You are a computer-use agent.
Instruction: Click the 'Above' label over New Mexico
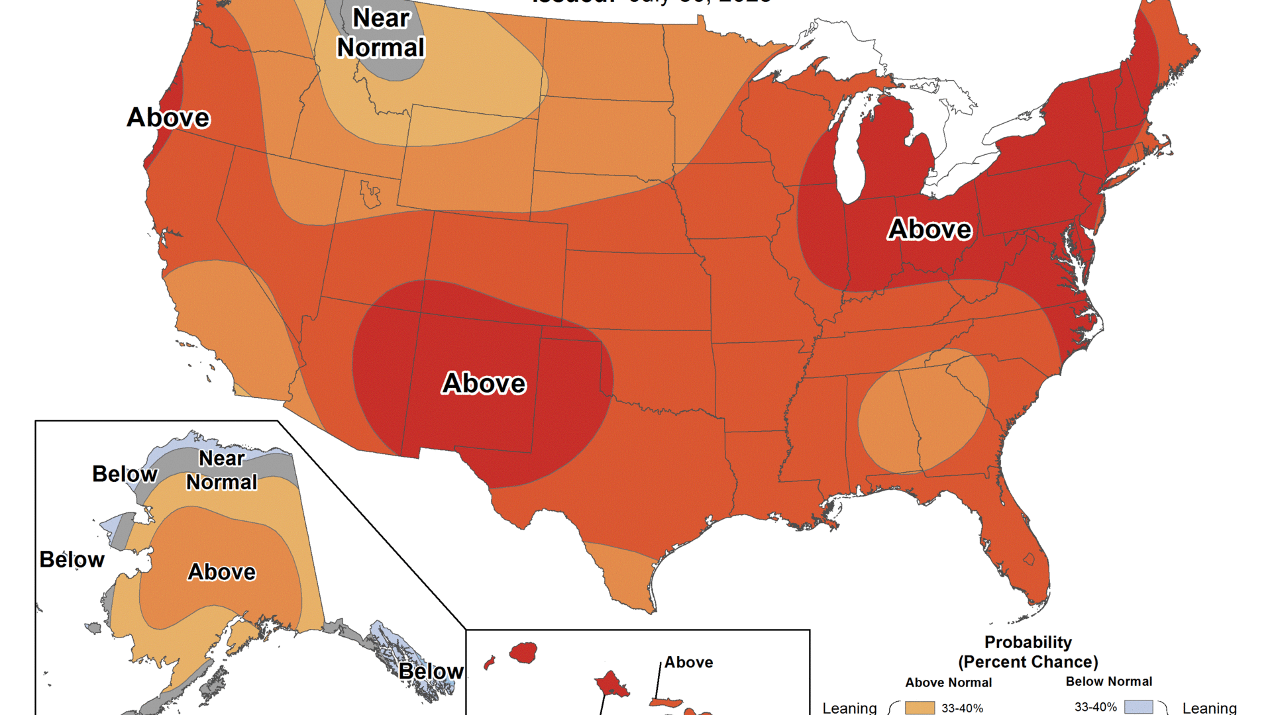tap(484, 383)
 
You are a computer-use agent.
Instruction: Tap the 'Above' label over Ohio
tap(929, 229)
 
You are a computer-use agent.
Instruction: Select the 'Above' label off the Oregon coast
tap(168, 118)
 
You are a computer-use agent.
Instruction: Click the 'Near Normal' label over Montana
tap(381, 33)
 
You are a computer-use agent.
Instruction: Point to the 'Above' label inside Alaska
tap(222, 572)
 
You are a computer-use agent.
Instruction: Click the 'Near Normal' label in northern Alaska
tap(222, 470)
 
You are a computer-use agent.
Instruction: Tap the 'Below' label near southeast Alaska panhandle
tap(431, 671)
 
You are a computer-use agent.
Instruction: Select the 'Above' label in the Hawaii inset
tap(689, 662)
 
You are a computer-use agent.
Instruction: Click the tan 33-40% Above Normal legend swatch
tap(920, 708)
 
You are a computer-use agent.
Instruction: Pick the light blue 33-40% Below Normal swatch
tap(1138, 707)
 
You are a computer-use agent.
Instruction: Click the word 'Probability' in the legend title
tap(1028, 642)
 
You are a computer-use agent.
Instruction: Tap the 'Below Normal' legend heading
tap(1108, 681)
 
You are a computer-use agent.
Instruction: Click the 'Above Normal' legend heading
tap(948, 683)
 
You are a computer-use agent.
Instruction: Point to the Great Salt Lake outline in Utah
tap(370, 194)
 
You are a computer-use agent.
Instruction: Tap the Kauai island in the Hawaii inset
tap(523, 653)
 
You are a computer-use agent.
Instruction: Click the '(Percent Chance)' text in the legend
tap(1028, 662)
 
